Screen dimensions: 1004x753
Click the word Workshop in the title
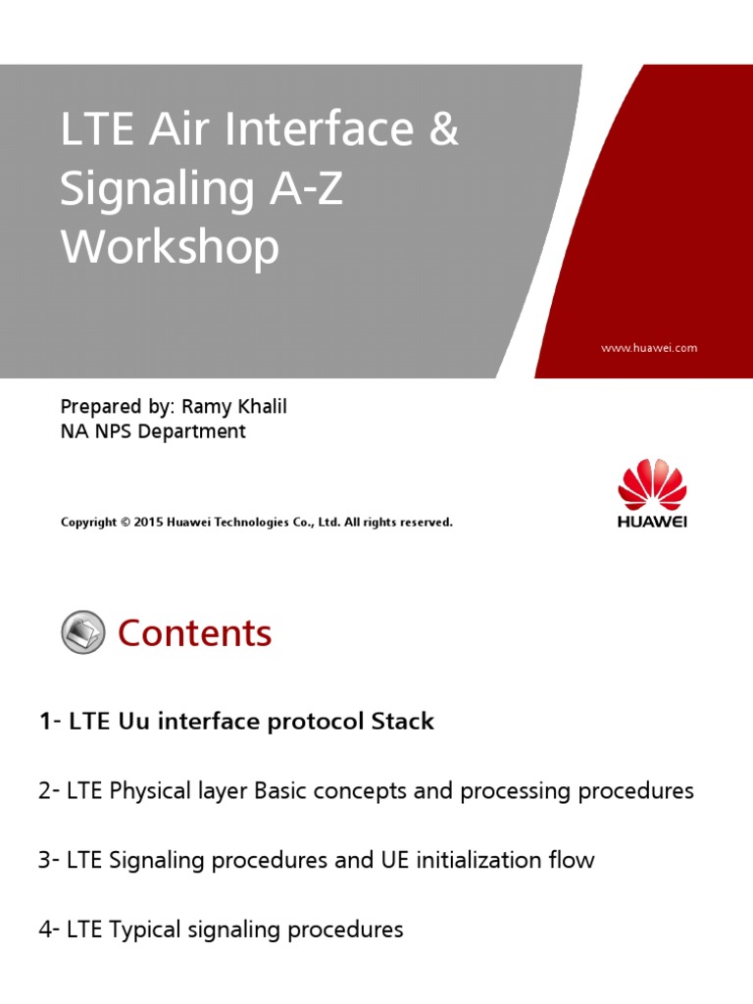point(170,248)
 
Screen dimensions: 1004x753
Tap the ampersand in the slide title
point(443,130)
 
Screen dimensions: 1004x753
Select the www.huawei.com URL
point(648,347)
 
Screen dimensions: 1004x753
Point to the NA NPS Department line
point(153,431)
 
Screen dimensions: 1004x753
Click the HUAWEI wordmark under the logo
point(652,523)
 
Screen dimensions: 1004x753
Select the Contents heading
point(194,633)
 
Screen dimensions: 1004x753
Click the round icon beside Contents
point(83,632)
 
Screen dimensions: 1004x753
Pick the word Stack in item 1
point(401,722)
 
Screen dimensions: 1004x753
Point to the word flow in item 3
point(572,861)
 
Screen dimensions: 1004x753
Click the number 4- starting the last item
point(49,929)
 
